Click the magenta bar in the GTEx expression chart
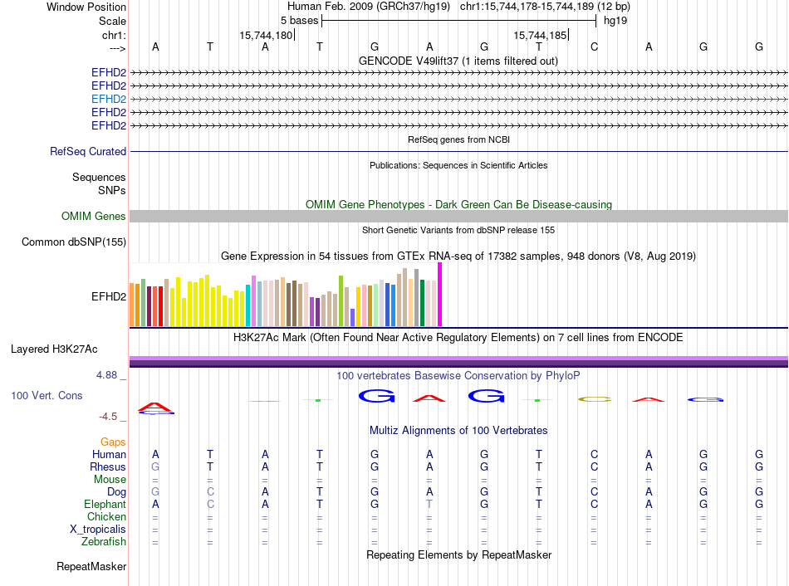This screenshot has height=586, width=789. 440,295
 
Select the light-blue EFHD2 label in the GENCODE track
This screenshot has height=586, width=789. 109,99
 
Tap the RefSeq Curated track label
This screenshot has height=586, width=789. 88,152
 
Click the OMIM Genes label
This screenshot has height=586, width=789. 94,217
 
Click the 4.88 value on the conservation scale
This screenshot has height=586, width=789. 108,375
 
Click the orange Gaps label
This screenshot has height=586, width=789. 113,442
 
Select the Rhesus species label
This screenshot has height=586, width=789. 108,467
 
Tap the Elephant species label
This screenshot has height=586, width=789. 105,505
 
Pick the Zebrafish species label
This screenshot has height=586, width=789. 104,542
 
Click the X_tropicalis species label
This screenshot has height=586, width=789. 98,530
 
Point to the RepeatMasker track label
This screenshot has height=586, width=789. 91,567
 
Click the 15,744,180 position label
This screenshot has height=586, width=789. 266,36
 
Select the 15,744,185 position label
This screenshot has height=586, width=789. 541,36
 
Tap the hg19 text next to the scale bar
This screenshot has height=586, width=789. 615,20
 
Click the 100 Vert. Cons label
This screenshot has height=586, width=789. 47,396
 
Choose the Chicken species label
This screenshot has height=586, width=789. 106,517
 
